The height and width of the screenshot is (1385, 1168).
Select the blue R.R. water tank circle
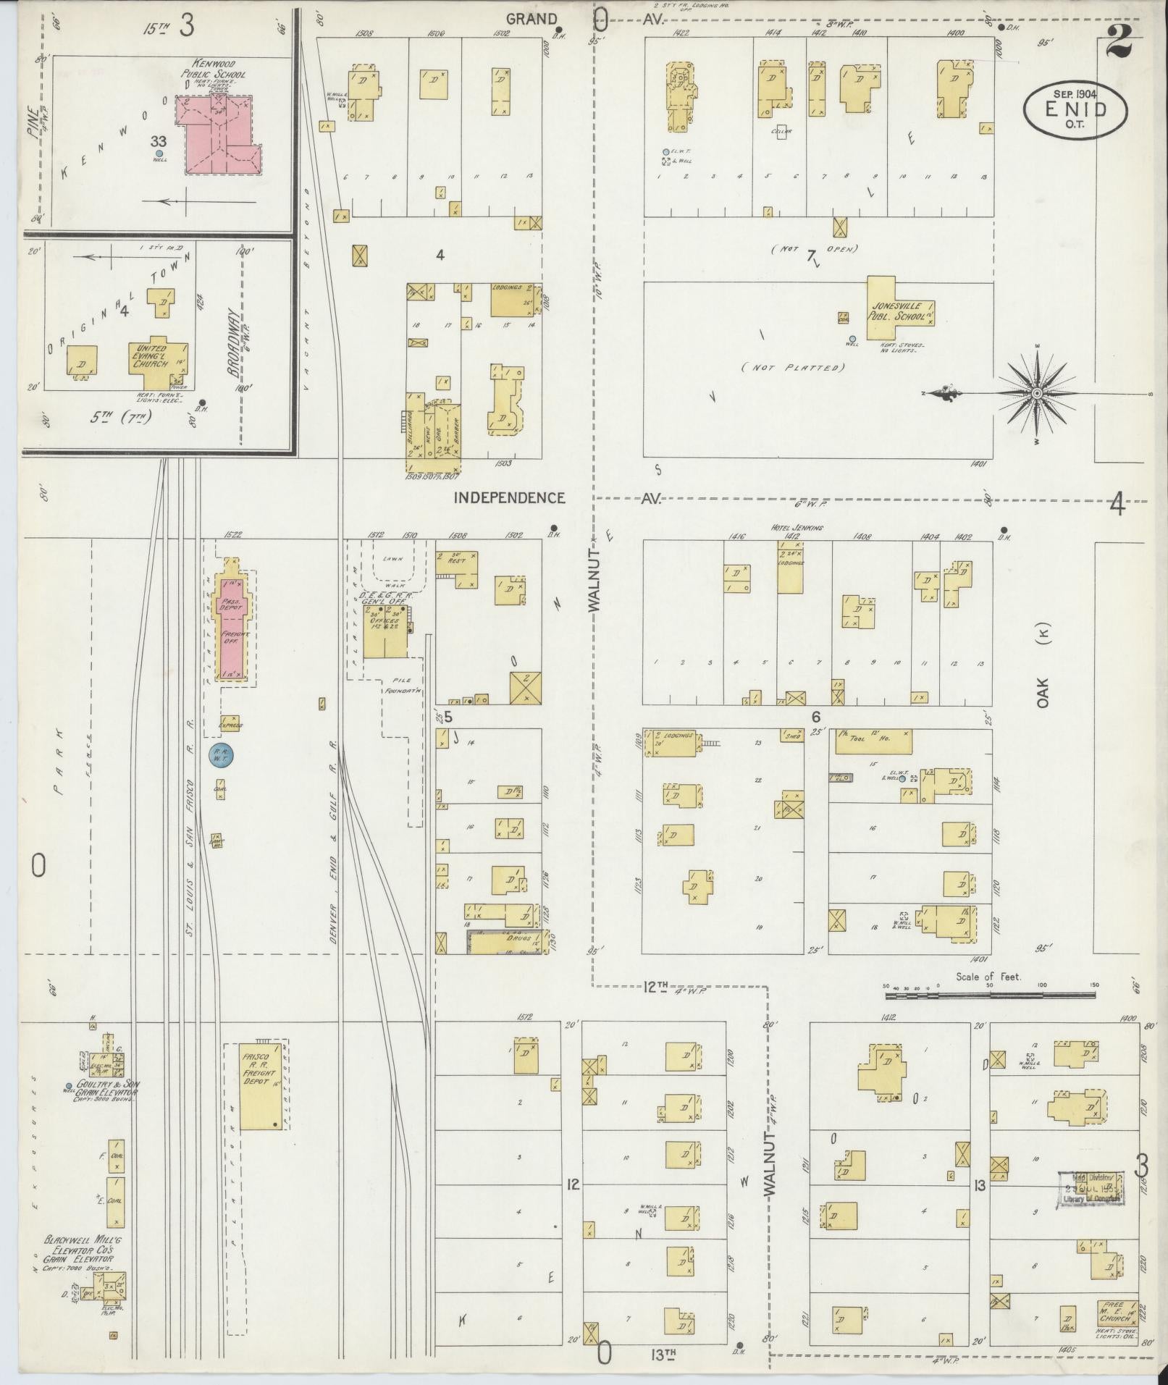click(x=219, y=755)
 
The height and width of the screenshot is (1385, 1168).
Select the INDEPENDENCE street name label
click(x=509, y=497)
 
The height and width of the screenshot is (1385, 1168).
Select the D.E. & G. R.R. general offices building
click(x=385, y=631)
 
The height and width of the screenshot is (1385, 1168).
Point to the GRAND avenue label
click(x=532, y=20)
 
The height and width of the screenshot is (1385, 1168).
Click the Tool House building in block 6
click(x=873, y=741)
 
